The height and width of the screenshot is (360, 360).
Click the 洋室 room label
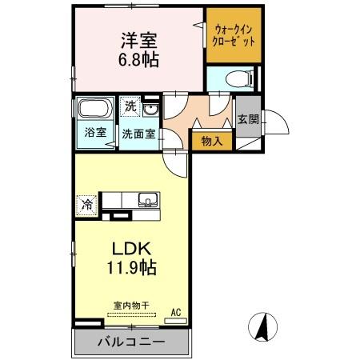pos(139,40)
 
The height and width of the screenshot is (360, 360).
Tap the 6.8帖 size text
pos(138,59)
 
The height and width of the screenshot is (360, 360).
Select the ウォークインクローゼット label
pos(234,35)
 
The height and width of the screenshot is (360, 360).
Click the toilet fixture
pos(240,79)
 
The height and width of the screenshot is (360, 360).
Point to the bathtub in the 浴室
pos(95,108)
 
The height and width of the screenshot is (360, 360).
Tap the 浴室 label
pos(95,132)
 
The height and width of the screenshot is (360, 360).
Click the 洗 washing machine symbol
pos(130,106)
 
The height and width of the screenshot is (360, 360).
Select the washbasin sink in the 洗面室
pos(150,110)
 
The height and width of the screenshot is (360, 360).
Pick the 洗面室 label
pos(138,134)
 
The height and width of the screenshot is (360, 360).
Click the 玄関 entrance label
pos(248,119)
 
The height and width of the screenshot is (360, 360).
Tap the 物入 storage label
pos(212,141)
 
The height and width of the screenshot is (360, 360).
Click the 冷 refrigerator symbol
pos(86,206)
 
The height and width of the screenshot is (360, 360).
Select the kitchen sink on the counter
pos(148,200)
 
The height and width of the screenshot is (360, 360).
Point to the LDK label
pos(132,249)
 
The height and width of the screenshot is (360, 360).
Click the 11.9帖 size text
pos(131,267)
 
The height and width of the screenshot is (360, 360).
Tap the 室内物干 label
pos(131,306)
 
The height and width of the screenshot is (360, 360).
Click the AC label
pos(176,312)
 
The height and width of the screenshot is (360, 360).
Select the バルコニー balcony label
pos(131,342)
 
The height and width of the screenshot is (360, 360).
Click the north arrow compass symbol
pos(262,327)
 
